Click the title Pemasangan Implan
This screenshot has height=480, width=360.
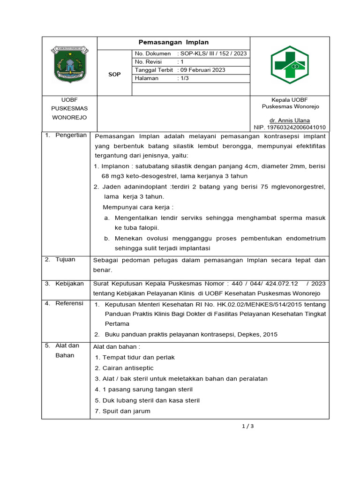[x=173, y=42]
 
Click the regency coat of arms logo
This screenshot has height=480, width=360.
[x=69, y=67]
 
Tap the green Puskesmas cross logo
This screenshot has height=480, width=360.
[x=289, y=65]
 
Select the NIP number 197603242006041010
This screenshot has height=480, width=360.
[x=289, y=127]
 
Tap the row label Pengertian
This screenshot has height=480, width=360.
[x=71, y=135]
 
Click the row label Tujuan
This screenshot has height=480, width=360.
[x=65, y=259]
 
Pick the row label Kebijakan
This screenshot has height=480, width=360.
[x=69, y=284]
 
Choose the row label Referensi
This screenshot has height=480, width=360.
[x=69, y=303]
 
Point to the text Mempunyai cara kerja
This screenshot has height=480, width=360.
[x=138, y=207]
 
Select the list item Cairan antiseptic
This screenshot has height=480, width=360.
[x=121, y=368]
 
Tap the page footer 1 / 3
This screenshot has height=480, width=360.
[x=247, y=426]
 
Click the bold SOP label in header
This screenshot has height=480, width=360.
[x=114, y=75]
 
